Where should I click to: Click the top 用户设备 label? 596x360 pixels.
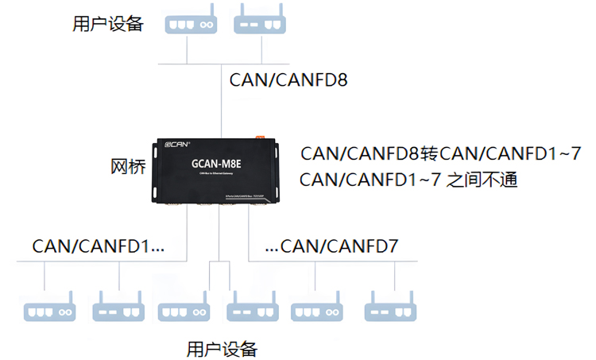click(108, 24)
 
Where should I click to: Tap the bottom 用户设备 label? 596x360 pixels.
click(222, 348)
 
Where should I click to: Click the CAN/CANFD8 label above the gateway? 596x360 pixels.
click(288, 80)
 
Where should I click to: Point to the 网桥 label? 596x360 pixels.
click(127, 168)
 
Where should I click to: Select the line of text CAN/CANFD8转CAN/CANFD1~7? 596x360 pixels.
click(441, 153)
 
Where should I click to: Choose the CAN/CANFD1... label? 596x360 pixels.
click(99, 246)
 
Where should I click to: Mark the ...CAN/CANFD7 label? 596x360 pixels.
click(331, 246)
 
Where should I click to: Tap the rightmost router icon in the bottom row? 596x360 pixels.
click(389, 308)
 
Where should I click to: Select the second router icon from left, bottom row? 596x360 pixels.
click(118, 308)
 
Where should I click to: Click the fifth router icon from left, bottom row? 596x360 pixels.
click(316, 308)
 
